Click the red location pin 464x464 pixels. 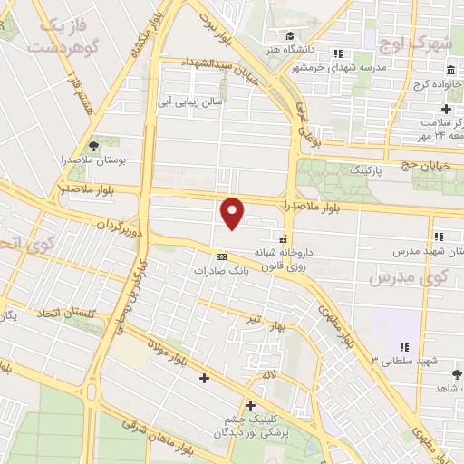233,213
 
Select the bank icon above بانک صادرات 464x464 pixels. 221,257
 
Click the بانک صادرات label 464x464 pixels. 220,270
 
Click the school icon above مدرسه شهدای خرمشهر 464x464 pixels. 338,53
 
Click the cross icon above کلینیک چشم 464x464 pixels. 250,405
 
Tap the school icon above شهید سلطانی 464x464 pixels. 404,346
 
